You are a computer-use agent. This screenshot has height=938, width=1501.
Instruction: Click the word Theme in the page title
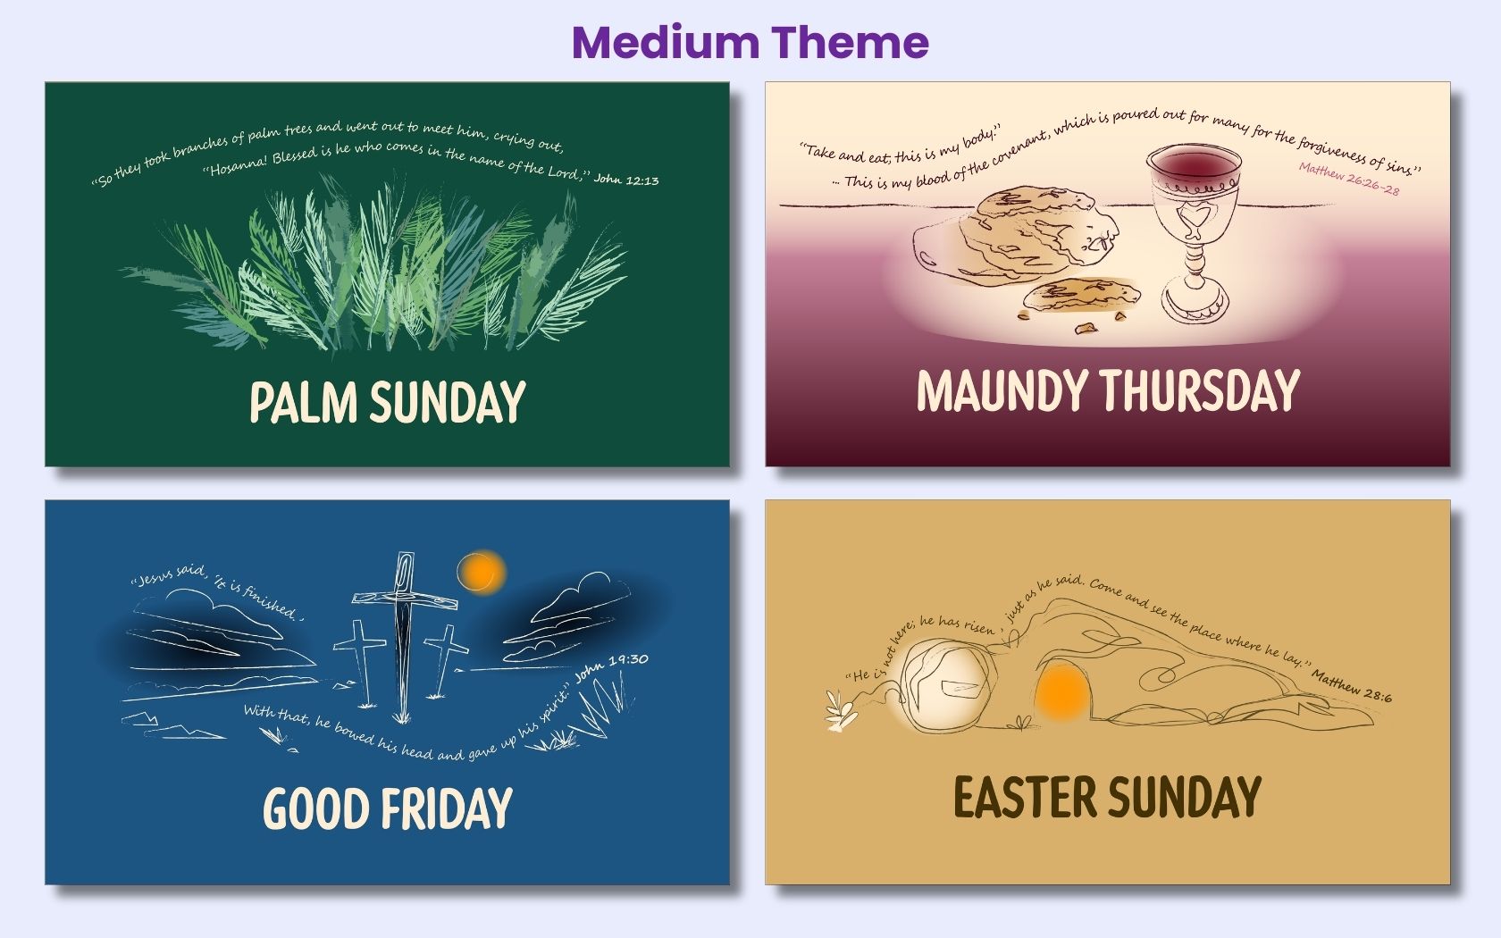851,42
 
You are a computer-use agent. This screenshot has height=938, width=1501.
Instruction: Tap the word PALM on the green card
303,402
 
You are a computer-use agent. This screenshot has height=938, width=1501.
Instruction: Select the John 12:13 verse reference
626,180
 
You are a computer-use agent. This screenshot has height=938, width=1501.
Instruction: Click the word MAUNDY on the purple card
1002,390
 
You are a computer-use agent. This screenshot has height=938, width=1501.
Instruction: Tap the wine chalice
1194,232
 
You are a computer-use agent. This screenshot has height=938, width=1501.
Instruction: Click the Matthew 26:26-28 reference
1348,178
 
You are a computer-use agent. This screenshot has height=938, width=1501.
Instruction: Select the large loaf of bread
1036,228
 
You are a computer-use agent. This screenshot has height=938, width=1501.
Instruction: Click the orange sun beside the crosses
482,572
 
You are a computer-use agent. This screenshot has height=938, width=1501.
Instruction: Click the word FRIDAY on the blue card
447,808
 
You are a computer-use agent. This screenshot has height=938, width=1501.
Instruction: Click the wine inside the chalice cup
1194,167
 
